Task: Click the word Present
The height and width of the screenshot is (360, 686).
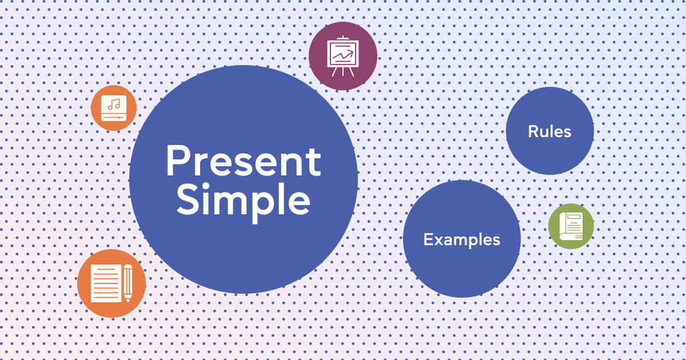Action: tap(243, 161)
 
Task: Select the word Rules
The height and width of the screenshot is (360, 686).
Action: tap(549, 131)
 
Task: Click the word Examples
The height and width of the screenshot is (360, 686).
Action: tap(461, 239)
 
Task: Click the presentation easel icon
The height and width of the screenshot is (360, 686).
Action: tap(342, 56)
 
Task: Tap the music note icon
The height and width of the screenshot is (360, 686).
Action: tap(114, 105)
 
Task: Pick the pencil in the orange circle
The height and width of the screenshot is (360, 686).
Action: tap(127, 283)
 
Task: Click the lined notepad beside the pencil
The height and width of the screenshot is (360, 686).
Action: tap(105, 283)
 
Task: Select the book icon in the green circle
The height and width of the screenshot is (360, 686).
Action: tap(571, 226)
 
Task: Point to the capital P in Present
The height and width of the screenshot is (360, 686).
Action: tap(177, 161)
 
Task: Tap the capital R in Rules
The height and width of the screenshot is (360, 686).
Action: tap(532, 131)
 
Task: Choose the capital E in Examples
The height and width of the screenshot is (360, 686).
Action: tap(427, 239)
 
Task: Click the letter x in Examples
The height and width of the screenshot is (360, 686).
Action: tap(437, 241)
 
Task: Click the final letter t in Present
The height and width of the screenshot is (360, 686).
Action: tap(314, 162)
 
